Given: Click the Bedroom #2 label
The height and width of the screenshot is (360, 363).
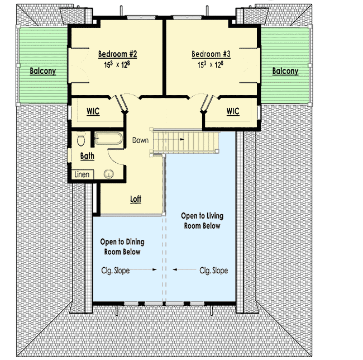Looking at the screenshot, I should coord(118,54).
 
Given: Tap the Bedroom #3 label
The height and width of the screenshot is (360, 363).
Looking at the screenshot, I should coord(211,54).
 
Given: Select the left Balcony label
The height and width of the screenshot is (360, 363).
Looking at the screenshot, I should coord(43,72).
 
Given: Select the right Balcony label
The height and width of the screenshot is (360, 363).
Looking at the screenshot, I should coord(285,72).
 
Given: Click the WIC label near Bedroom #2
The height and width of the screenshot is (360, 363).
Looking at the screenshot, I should coord(93,112).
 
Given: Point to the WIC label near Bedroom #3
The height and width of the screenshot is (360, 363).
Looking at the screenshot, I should coord(233,112).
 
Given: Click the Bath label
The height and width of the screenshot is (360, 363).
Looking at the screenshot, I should coord(87,156).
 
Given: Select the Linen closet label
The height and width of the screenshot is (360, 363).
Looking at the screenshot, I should coord(82,175).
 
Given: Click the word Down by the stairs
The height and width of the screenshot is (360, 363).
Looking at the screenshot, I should coord(141,140).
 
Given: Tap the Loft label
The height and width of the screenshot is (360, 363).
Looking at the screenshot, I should coord(136,199).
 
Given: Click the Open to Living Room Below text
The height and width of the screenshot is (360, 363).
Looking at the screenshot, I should coord(200,221).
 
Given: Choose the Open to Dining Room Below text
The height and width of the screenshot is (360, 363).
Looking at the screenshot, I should coord(122,247).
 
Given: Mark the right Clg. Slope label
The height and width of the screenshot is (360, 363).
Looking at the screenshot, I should coord(213,271).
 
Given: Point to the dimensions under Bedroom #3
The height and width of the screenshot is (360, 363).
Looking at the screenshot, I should coord(211,65).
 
